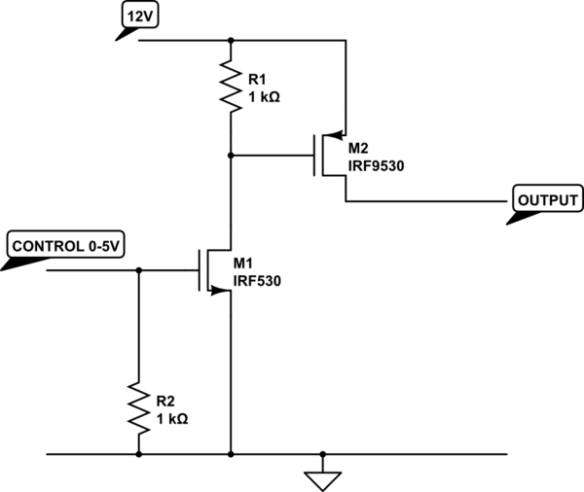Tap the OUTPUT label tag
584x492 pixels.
pos(547,199)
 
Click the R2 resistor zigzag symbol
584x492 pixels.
pos(138,407)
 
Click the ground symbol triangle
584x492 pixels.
pos(322,478)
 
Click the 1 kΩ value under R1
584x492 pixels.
pos(265,96)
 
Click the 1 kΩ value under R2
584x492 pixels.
pos(172,419)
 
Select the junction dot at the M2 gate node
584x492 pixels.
pos(231,155)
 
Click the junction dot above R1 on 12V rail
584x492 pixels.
pos(231,41)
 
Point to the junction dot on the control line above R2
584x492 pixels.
pos(138,270)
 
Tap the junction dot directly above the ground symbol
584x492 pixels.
pos(322,453)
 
